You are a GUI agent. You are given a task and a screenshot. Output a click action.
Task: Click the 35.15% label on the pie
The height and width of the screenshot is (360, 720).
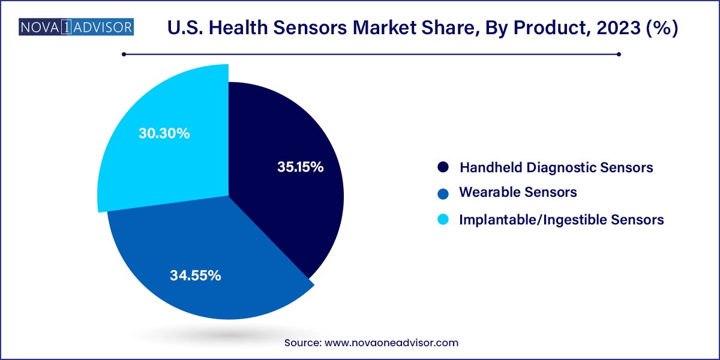[x=300, y=167]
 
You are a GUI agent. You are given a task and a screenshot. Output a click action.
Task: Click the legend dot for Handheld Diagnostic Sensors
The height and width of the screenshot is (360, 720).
[x=443, y=167]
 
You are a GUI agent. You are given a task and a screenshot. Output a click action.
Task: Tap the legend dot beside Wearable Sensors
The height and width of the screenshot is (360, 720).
[x=443, y=193]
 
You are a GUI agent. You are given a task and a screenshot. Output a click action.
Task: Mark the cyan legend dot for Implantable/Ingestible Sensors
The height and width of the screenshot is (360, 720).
[x=443, y=220]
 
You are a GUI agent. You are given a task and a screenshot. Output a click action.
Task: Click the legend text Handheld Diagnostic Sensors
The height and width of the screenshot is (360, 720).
[x=556, y=167]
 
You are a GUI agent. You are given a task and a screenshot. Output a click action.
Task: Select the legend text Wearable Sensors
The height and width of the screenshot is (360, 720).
[x=518, y=193]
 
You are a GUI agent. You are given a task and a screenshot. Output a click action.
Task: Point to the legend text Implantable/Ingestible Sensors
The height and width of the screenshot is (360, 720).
[x=561, y=220]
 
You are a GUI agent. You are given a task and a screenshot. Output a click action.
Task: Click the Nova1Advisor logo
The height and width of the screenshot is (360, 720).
[x=76, y=28]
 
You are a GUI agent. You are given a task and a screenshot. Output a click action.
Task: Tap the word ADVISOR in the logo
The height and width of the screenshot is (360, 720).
[x=103, y=28]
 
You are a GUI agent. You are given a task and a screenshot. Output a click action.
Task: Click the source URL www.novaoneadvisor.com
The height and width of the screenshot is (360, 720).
[x=391, y=343]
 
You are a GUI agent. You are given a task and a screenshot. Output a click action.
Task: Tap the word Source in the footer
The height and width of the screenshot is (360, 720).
[x=303, y=343]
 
